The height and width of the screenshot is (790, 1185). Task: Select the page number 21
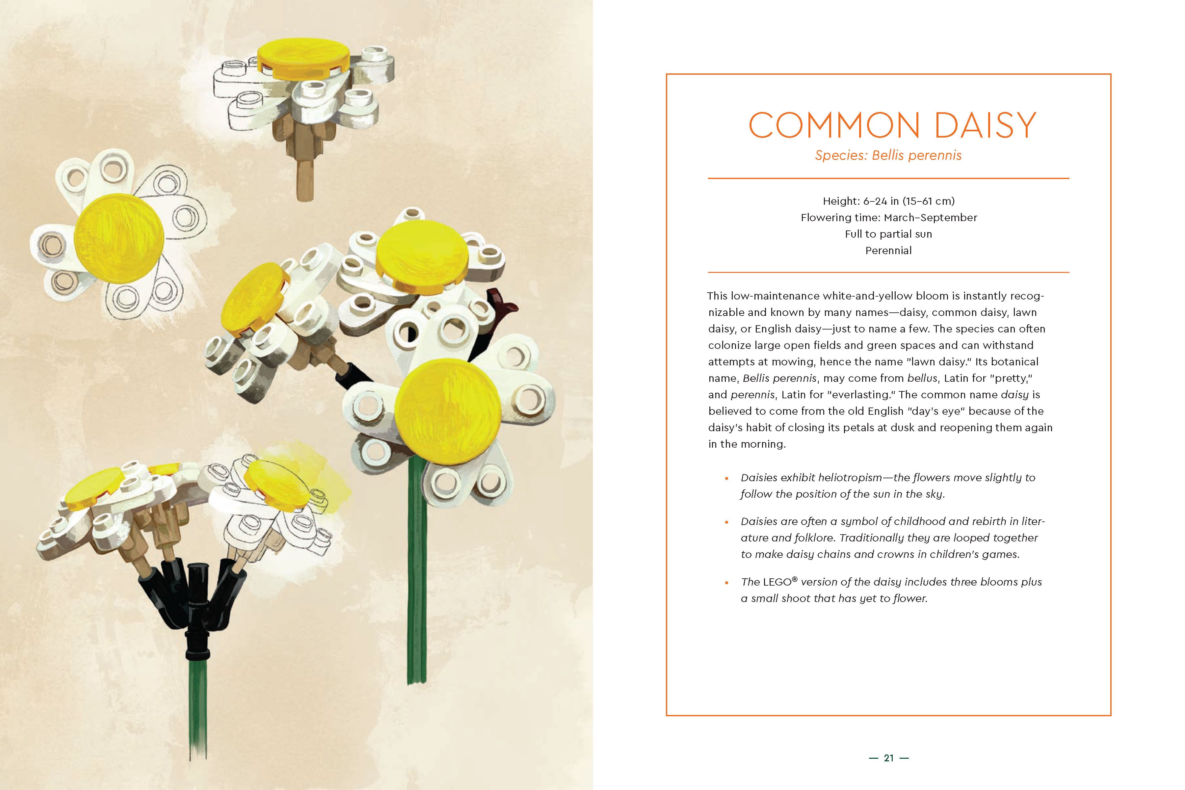pos(889,758)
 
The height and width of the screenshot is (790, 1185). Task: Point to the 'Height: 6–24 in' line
pos(888,201)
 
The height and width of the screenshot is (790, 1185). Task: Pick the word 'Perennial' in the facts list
pos(888,250)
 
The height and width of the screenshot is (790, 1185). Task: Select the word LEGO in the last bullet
pos(777,582)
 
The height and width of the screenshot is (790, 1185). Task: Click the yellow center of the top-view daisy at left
pos(119,238)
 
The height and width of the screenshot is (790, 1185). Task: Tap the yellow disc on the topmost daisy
pos(303,56)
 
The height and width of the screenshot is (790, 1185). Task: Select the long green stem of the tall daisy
pos(417,579)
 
